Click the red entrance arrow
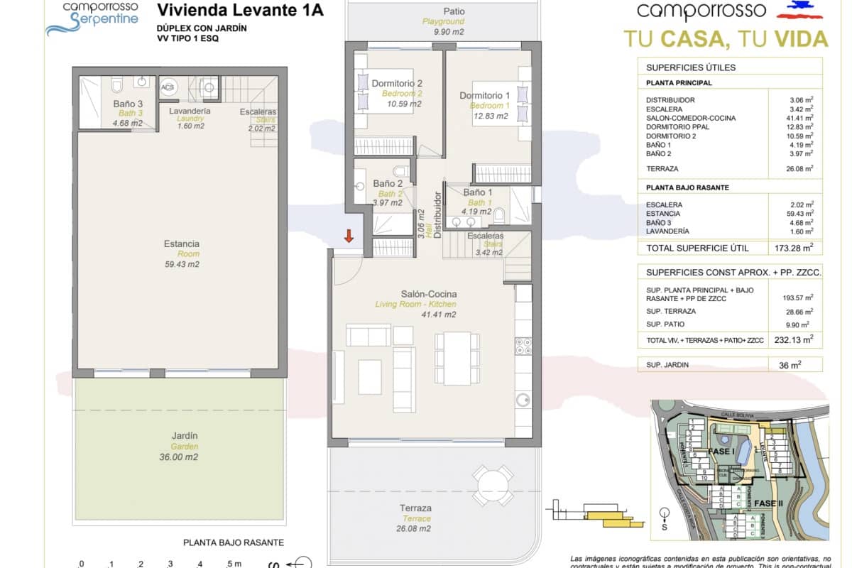[349, 236]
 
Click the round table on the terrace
[493, 486]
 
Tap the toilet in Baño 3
[118, 87]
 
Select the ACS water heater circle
[168, 87]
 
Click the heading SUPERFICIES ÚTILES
[691, 67]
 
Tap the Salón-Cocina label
[429, 294]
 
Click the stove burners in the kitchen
[523, 346]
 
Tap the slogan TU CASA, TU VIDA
[726, 38]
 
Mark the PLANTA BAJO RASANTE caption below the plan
[234, 542]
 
